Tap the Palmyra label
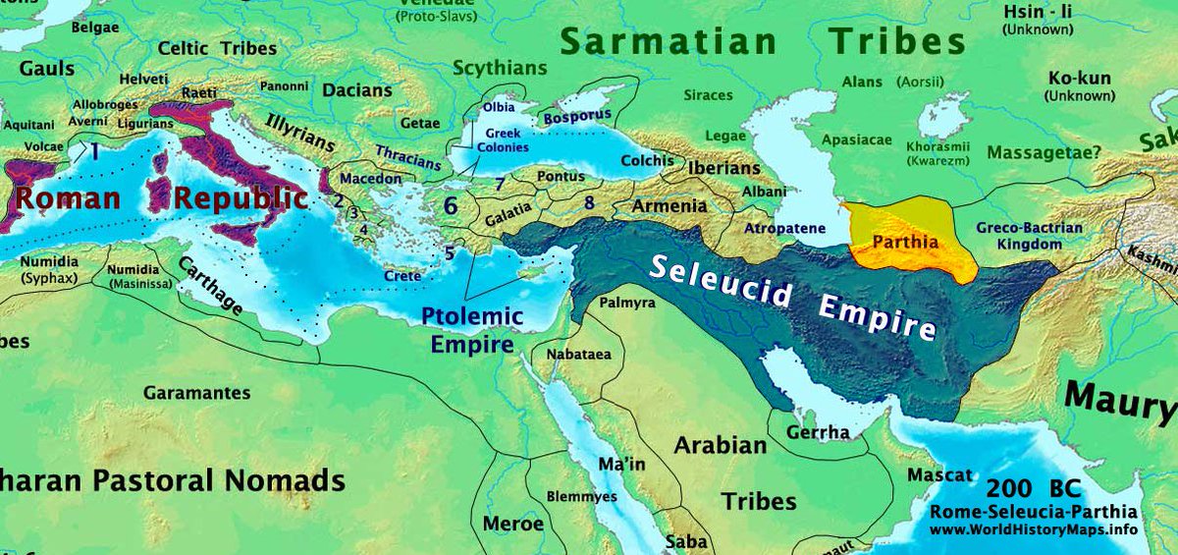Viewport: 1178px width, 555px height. pos(626,304)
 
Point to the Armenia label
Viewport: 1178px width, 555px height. pos(669,206)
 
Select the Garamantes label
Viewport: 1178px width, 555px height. pos(196,393)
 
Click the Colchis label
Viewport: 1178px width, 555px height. pos(648,161)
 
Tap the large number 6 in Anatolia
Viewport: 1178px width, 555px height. pos(451,206)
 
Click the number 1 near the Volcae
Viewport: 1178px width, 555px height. pos(94,151)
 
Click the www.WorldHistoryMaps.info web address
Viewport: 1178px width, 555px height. pos(1033,530)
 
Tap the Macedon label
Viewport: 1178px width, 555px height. pos(370,179)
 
